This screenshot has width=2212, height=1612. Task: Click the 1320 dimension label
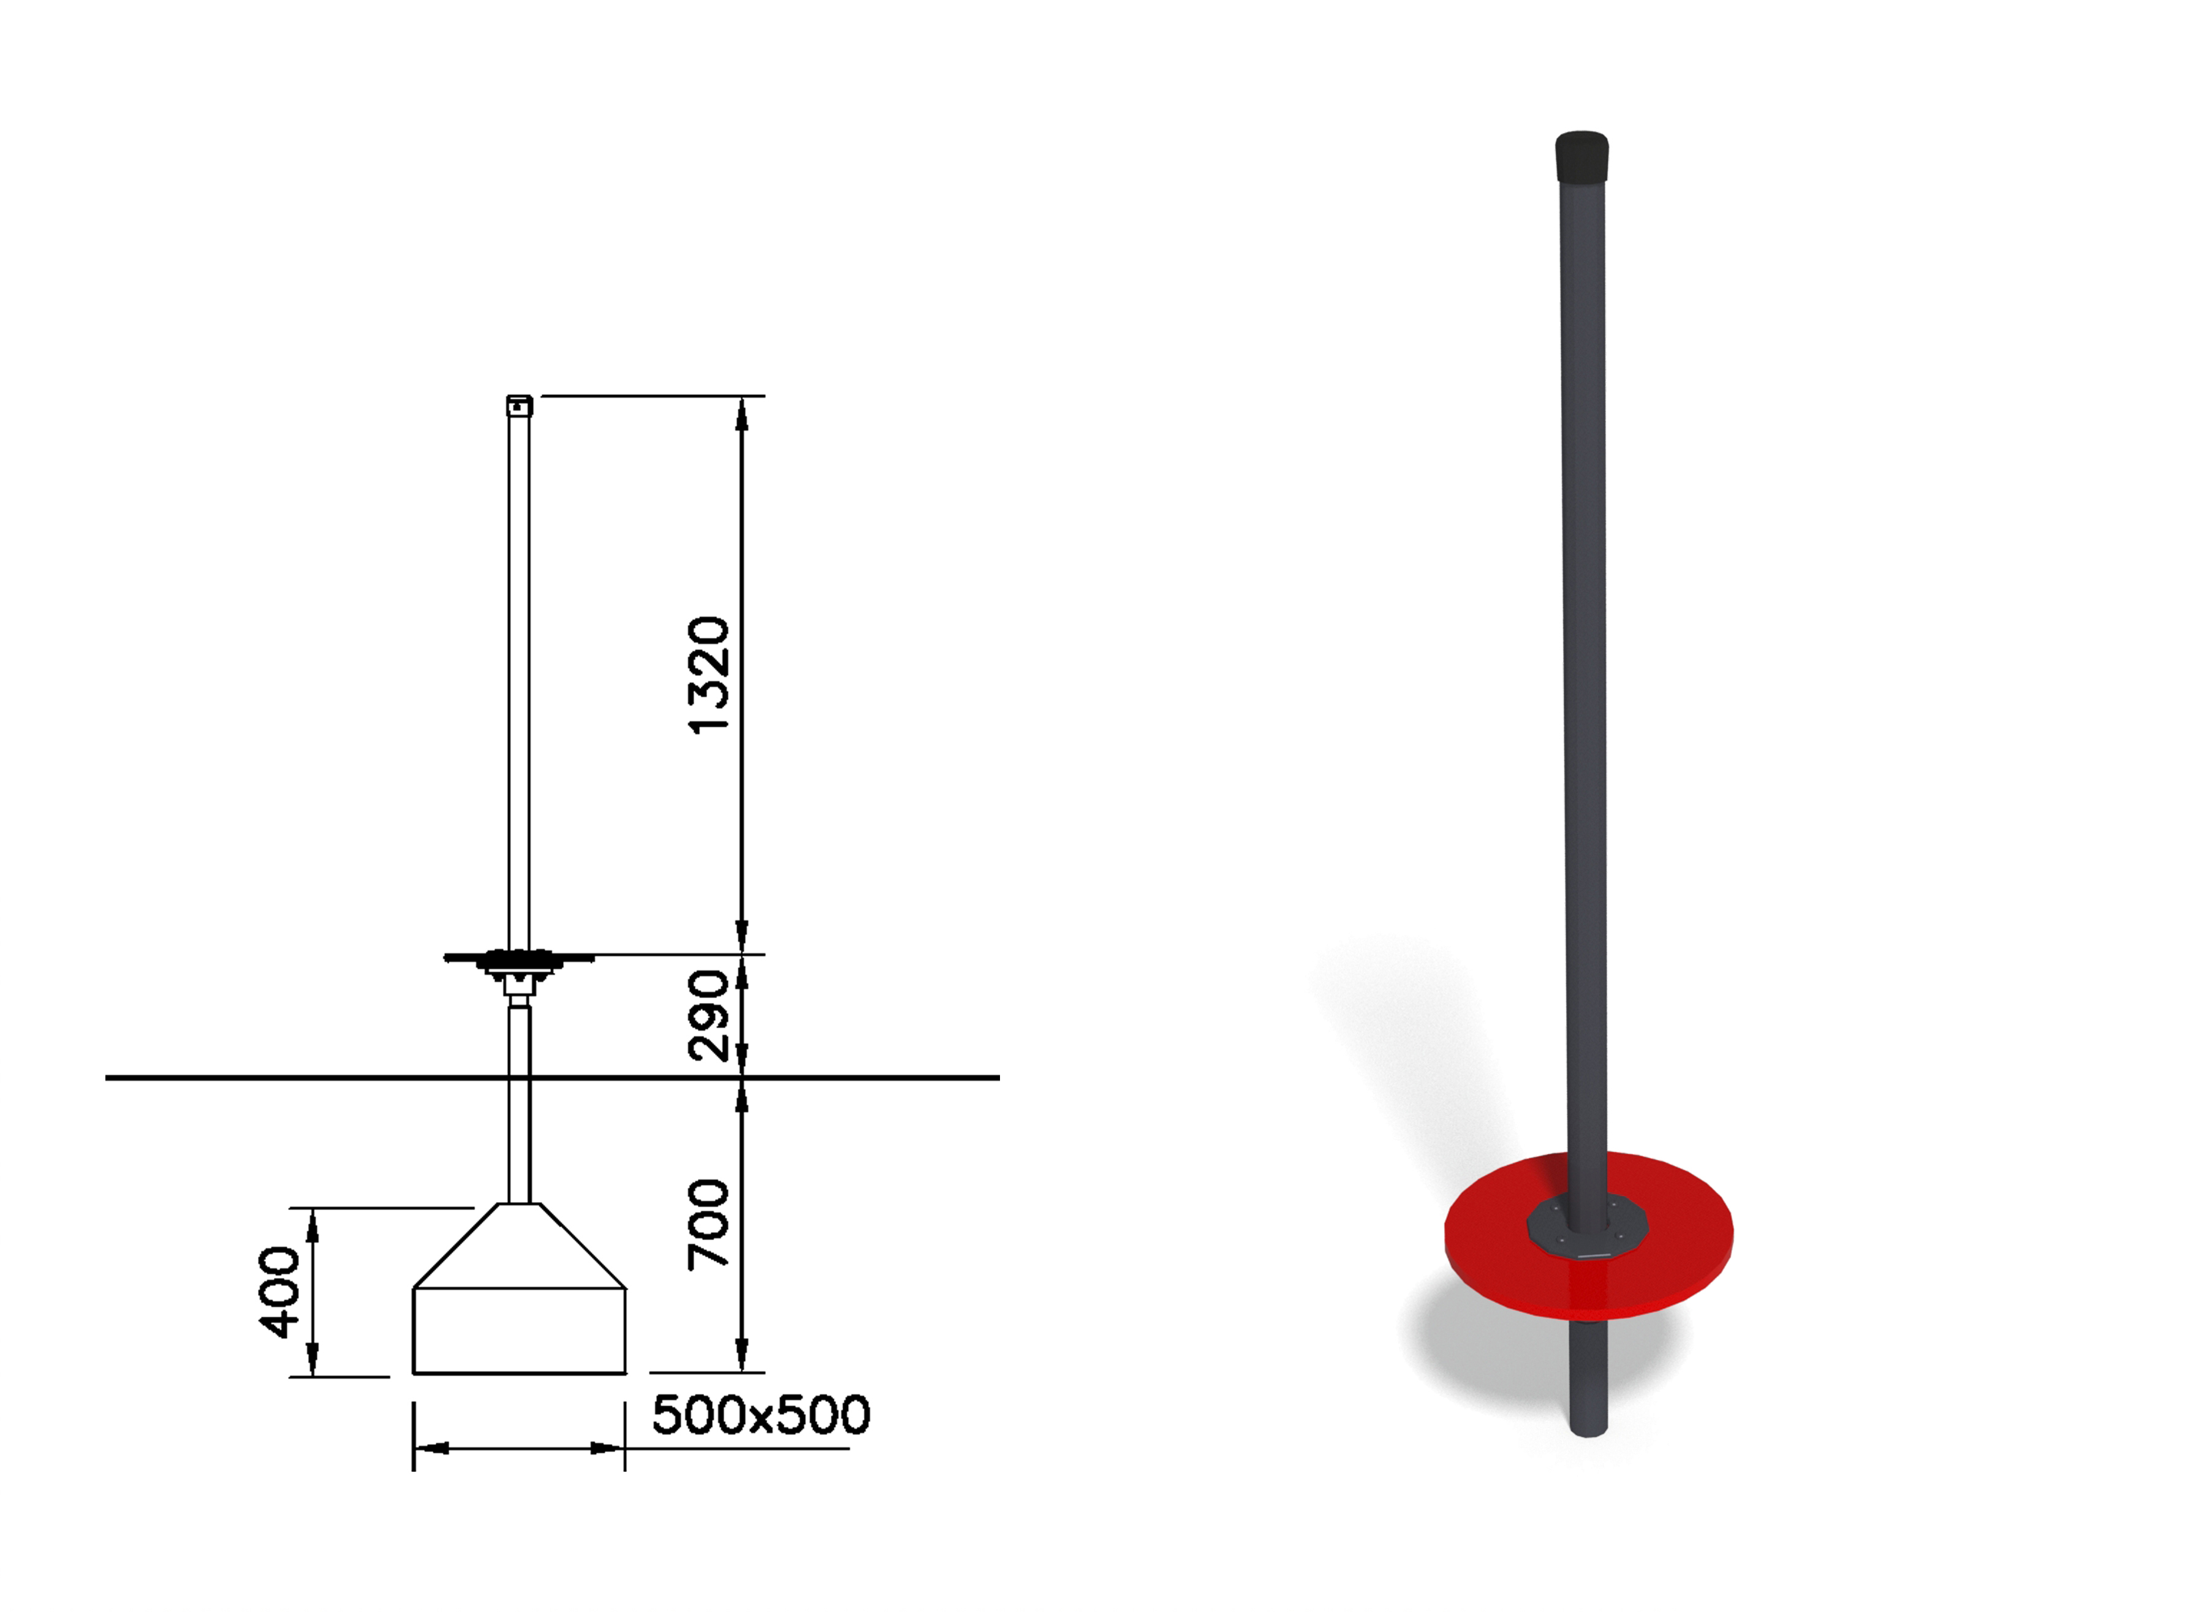tap(708, 675)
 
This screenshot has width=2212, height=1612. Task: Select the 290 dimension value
tap(708, 1016)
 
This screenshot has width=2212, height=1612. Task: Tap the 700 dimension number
tap(708, 1225)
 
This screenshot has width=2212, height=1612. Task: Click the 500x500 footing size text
tap(760, 1415)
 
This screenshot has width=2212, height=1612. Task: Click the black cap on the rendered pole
tap(1581, 157)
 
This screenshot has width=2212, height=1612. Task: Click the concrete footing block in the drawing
tap(519, 1290)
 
